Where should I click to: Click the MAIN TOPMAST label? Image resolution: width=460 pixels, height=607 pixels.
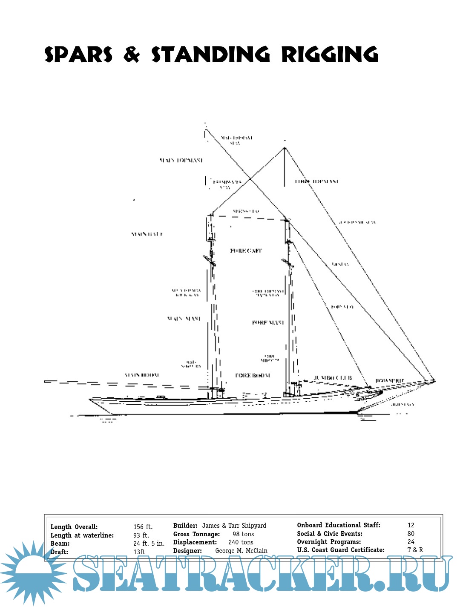click(x=181, y=161)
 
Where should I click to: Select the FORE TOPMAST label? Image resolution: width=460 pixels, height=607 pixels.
click(x=317, y=181)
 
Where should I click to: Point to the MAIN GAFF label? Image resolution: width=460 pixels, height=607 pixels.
click(x=147, y=234)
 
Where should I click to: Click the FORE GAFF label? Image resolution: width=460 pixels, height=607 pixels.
click(x=246, y=251)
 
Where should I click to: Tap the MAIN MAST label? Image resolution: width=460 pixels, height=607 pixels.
click(x=184, y=319)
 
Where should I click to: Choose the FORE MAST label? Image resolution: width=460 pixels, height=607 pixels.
click(x=268, y=323)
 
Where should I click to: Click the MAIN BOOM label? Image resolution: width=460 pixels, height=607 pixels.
click(x=142, y=375)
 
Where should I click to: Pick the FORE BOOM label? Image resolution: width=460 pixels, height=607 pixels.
click(x=253, y=376)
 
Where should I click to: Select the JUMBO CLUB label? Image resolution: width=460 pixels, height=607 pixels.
click(x=333, y=378)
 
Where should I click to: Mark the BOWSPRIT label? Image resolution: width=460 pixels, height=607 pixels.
click(x=390, y=380)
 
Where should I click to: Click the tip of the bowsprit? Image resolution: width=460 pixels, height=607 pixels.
click(x=434, y=380)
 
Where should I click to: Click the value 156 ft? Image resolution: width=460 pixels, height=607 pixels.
click(x=143, y=527)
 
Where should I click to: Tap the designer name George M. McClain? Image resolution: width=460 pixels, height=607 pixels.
click(x=241, y=551)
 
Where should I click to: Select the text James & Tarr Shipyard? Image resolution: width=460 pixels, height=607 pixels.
click(x=234, y=526)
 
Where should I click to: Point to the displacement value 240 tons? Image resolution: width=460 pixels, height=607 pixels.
click(x=241, y=542)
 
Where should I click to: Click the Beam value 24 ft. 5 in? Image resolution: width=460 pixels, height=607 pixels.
click(x=149, y=544)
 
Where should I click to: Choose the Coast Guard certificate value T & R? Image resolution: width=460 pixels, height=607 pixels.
click(x=415, y=550)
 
